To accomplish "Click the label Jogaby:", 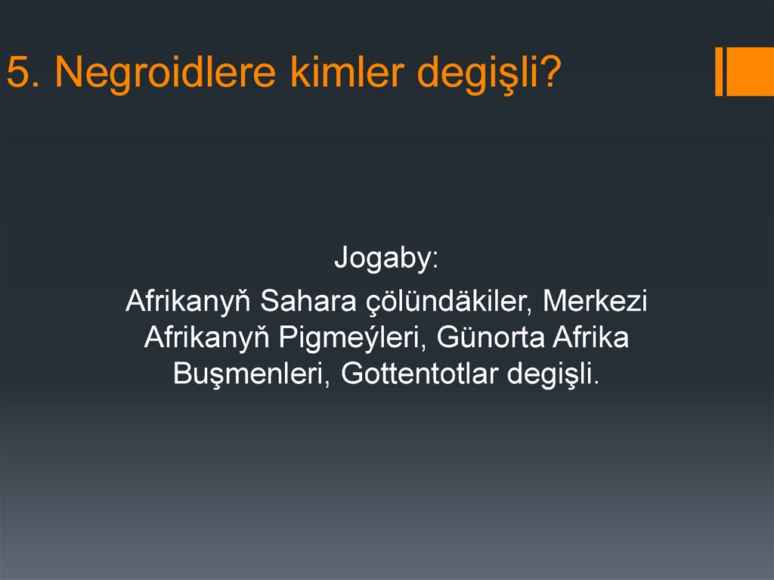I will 386,261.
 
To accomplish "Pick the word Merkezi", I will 595,301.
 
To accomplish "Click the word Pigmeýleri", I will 342,337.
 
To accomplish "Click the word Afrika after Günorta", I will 590,337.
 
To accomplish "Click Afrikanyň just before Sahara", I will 188,301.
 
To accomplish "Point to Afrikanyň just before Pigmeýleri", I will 208,337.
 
